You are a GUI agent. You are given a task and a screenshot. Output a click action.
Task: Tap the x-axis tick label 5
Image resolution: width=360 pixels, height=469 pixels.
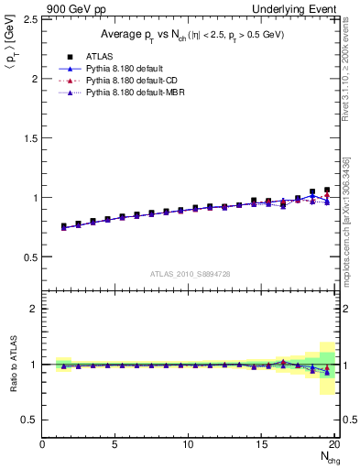[115, 444]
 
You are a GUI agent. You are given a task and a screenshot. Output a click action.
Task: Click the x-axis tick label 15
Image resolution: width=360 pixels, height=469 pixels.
[262, 444]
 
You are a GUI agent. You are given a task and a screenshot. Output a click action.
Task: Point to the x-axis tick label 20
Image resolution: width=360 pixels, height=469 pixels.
[335, 444]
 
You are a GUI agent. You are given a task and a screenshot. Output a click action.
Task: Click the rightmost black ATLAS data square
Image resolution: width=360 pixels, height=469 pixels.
[327, 191]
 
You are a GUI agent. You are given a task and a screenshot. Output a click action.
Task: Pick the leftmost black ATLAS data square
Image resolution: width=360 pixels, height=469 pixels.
[64, 226]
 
